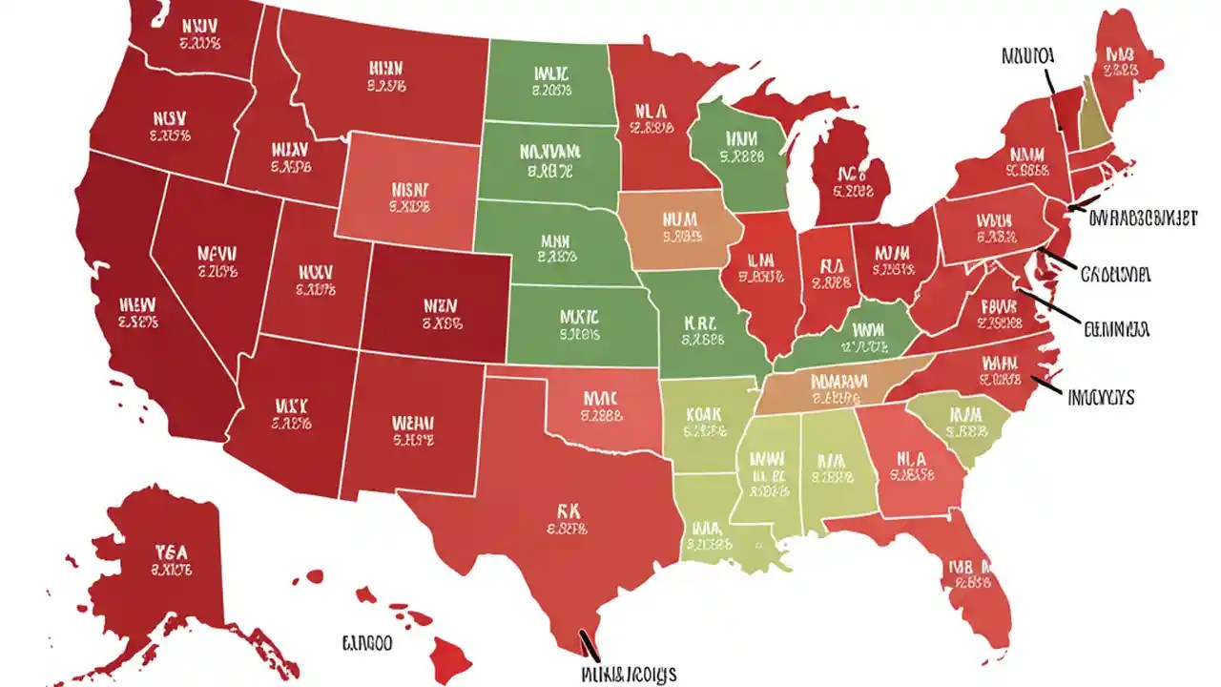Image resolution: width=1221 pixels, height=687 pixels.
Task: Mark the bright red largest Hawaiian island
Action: point(444,654)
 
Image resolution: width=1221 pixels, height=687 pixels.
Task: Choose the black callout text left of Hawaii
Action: point(367,644)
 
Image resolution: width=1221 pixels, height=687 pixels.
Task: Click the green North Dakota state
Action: point(548,81)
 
